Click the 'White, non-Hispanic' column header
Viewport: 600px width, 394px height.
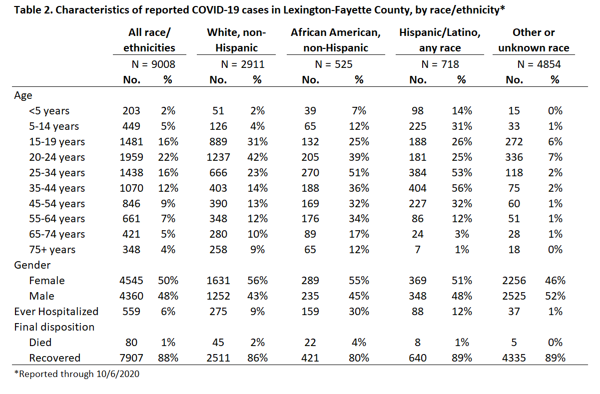click(x=236, y=40)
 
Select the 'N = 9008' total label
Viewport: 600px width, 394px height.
click(x=153, y=64)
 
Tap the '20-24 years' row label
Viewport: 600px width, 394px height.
click(x=57, y=157)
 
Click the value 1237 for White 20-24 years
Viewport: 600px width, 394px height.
click(x=218, y=157)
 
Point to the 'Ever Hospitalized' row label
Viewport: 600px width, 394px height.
click(x=56, y=312)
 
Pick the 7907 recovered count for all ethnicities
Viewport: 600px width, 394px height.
click(x=131, y=358)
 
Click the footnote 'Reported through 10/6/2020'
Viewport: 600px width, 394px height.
click(x=76, y=374)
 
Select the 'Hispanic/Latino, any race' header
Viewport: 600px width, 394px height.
click(x=440, y=40)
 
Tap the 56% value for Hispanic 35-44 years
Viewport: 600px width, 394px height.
click(x=462, y=188)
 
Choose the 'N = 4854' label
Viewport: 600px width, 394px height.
click(x=539, y=64)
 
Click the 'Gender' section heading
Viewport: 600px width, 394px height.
click(x=32, y=265)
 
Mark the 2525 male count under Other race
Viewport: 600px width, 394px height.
click(x=514, y=296)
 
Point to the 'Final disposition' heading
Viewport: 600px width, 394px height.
click(x=54, y=327)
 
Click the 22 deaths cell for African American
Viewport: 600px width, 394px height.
click(x=310, y=343)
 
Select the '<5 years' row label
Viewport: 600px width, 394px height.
click(x=49, y=111)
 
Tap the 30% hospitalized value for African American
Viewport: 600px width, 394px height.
click(x=359, y=312)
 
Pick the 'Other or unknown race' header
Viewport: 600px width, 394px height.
click(x=534, y=40)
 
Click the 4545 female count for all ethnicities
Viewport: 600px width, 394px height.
click(x=131, y=281)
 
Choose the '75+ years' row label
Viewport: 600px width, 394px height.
click(x=52, y=250)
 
